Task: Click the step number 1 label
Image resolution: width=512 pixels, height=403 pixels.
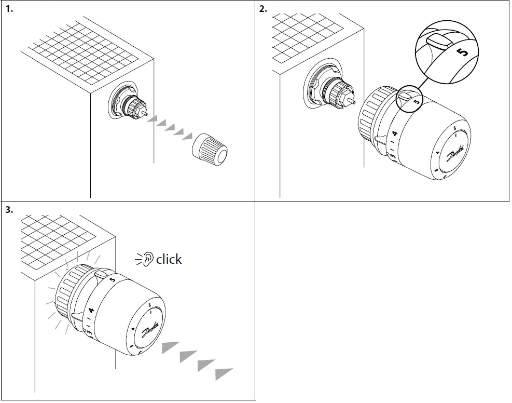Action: click(9, 9)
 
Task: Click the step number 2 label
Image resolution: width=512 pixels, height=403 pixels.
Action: click(264, 9)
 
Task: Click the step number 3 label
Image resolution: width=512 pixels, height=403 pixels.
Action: click(9, 210)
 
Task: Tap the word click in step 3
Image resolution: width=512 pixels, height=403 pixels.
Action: click(169, 259)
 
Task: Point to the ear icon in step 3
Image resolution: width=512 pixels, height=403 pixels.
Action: click(148, 258)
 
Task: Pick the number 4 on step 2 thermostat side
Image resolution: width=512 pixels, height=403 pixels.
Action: click(395, 134)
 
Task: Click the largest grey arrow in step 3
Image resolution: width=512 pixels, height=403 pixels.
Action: click(224, 373)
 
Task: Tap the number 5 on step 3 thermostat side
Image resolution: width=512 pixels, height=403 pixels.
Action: click(113, 280)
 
